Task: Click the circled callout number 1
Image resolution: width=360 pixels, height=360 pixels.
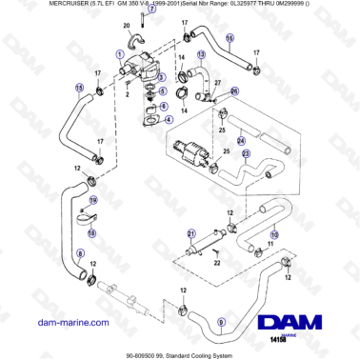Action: tap(119, 55)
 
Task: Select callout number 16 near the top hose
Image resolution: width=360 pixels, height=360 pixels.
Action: tap(230, 38)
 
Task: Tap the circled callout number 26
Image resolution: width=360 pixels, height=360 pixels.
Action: tap(236, 90)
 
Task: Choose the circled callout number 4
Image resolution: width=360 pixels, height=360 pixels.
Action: tap(169, 120)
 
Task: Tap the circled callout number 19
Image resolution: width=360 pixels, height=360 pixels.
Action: tap(93, 201)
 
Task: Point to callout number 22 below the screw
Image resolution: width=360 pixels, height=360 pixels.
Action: tap(218, 264)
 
